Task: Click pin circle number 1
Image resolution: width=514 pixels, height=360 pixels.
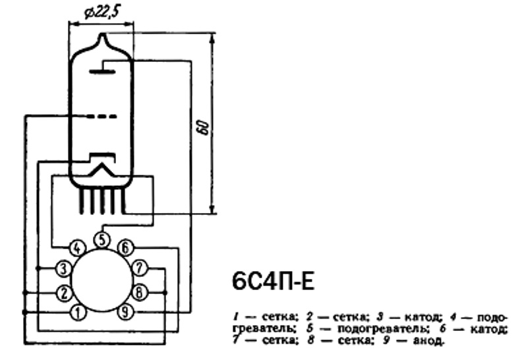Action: pyautogui.click(x=78, y=313)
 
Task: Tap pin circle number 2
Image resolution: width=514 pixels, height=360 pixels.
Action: pyautogui.click(x=65, y=293)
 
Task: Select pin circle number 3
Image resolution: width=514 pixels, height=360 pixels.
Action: pyautogui.click(x=64, y=268)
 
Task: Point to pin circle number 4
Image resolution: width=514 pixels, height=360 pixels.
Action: pyautogui.click(x=77, y=248)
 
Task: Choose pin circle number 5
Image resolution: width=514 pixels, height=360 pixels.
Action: pyautogui.click(x=102, y=240)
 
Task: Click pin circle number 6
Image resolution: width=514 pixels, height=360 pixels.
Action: pyautogui.click(x=125, y=248)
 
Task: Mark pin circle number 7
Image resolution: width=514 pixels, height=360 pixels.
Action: pyautogui.click(x=140, y=268)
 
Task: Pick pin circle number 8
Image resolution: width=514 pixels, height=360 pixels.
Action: pyautogui.click(x=140, y=292)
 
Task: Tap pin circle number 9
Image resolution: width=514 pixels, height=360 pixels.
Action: pyautogui.click(x=125, y=312)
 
